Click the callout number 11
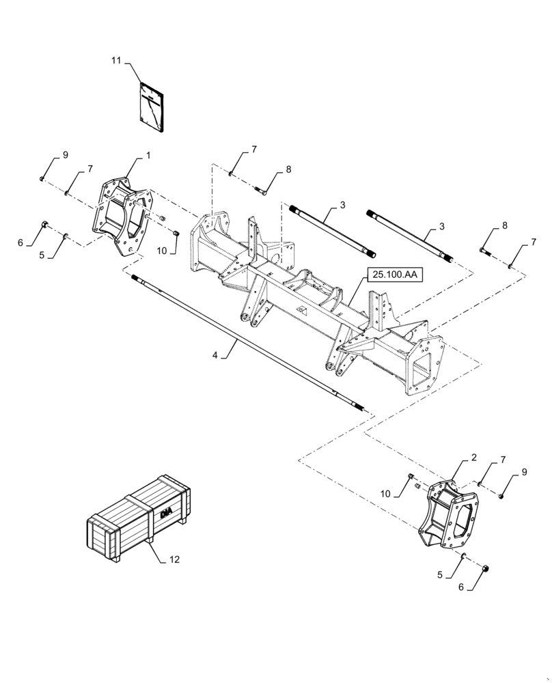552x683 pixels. pos(116,61)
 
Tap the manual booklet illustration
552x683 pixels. pos(151,105)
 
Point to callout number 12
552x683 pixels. pos(174,560)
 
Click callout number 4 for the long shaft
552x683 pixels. pos(215,355)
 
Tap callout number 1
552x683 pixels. pos(148,156)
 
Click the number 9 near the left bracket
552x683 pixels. pos(66,155)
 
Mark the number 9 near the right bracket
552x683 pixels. pos(524,472)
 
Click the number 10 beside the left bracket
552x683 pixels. pos(162,251)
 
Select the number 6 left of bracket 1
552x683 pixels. pos(20,242)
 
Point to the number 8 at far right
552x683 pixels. pos(505,225)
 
